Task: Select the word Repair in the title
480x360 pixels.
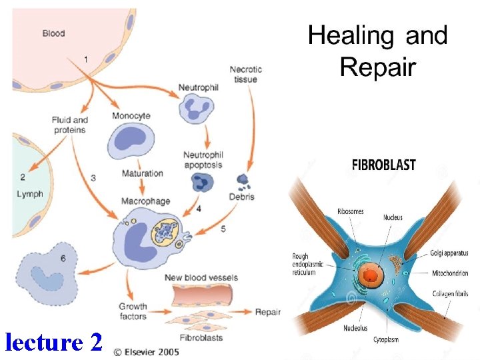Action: [377, 67]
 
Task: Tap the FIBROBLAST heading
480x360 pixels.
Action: [383, 165]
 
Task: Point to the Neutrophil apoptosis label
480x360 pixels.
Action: [203, 160]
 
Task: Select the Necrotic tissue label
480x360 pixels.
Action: [245, 74]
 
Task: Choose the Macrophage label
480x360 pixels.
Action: [145, 201]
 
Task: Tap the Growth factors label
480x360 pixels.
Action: [133, 311]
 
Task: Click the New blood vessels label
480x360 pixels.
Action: [201, 277]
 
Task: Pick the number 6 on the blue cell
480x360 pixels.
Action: [63, 258]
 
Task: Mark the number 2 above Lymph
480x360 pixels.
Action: [23, 177]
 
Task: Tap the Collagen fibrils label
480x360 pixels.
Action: [449, 294]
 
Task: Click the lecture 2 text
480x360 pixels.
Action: [53, 342]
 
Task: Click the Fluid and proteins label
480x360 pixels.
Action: [70, 125]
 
